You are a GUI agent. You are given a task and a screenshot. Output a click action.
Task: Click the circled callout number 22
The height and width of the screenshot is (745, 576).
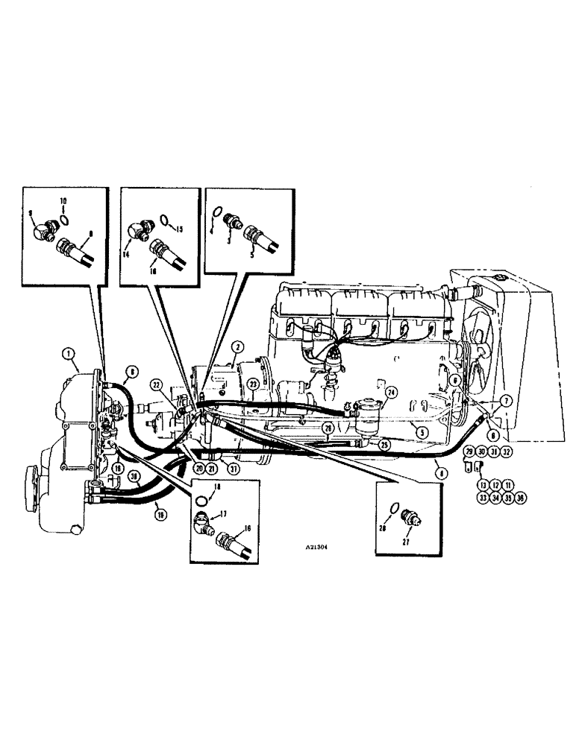157,384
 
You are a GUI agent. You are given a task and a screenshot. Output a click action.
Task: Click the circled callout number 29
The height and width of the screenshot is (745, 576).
469,452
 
